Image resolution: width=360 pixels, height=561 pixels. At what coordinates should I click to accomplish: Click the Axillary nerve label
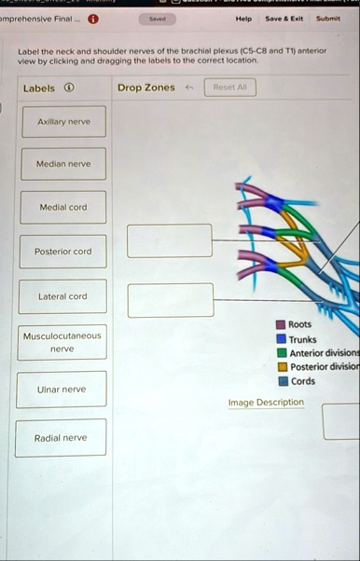coord(62,121)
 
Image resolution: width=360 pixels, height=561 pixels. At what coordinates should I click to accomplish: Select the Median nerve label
coord(62,164)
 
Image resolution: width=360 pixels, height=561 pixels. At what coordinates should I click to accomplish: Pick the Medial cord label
coord(62,207)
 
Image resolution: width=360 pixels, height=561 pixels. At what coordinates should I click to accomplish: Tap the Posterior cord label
coord(62,252)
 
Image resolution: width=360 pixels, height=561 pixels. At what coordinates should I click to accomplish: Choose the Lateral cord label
coord(62,296)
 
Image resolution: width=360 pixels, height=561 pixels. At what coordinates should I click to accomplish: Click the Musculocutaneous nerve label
coord(62,341)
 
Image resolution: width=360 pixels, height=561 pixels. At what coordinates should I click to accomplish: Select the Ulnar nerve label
coord(62,389)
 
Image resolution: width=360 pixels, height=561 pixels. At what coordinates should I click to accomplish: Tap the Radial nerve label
coord(62,437)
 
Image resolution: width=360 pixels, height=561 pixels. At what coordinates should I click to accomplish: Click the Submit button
coord(328,18)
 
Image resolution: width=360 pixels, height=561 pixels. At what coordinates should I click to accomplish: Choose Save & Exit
coord(284,18)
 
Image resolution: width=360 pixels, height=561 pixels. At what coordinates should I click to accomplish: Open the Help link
coord(243,18)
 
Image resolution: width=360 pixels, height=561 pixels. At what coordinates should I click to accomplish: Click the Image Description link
coord(266,403)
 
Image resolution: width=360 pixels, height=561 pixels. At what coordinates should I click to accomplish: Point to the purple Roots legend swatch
coord(281,324)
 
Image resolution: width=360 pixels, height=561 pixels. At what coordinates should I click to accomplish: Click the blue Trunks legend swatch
coord(281,339)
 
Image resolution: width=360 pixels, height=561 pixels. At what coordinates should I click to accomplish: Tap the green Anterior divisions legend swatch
coord(281,353)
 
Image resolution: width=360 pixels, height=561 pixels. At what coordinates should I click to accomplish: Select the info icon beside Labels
coord(70,89)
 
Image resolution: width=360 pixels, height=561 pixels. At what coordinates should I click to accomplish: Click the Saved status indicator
coord(158,18)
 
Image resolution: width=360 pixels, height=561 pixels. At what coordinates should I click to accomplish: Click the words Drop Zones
coord(145,89)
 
